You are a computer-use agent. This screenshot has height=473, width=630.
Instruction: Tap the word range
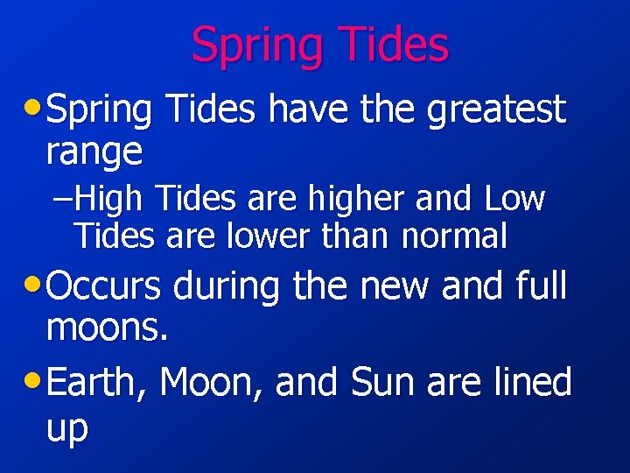pos(94,152)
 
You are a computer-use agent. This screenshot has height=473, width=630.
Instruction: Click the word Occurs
pos(104,285)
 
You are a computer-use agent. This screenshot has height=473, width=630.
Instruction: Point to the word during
pos(226,285)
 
